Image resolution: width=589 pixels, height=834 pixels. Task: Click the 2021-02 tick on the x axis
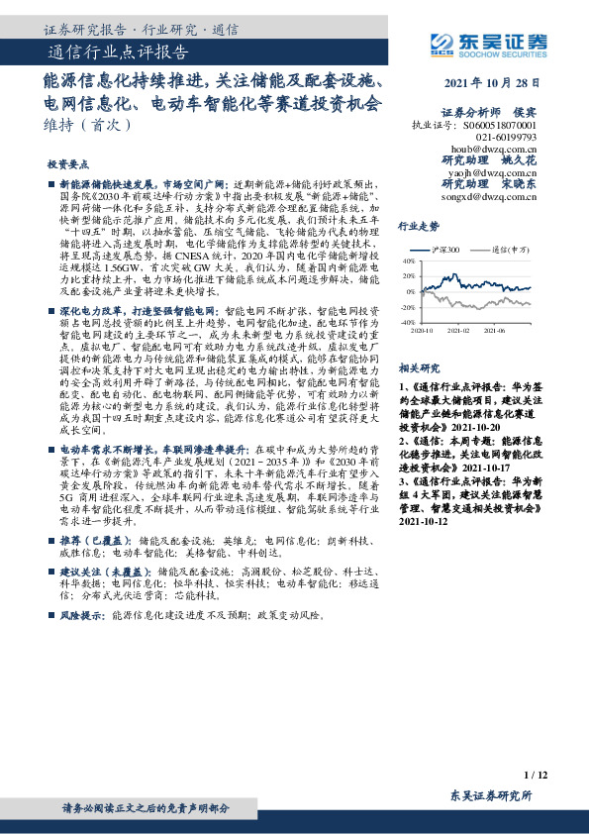tap(457, 331)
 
